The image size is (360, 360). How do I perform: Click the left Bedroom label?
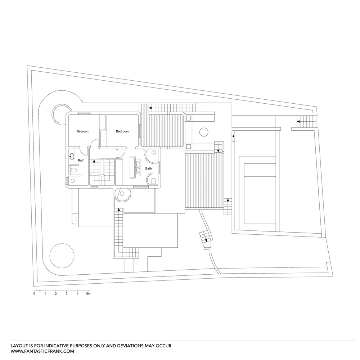[x=83, y=131]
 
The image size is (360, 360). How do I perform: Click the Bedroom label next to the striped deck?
[x=122, y=131]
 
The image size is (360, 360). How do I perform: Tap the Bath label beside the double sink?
[x=148, y=168]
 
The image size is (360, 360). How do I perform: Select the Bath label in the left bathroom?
[x=81, y=160]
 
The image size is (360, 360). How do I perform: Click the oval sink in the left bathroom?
[x=72, y=157]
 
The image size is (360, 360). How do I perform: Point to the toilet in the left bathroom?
[x=73, y=169]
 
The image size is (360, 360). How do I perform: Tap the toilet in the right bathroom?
[x=153, y=181]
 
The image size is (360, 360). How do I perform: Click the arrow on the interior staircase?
[x=94, y=162]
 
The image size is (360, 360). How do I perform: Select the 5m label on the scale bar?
[x=89, y=294]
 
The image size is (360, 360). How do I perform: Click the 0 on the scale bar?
[x=34, y=294]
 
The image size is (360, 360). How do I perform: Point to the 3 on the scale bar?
[x=67, y=294]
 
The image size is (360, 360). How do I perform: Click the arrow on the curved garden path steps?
[x=206, y=240]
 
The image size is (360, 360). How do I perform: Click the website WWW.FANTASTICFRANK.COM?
[x=42, y=351]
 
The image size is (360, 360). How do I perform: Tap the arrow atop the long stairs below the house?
[x=118, y=209]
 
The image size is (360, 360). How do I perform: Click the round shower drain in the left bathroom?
[x=72, y=180]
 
